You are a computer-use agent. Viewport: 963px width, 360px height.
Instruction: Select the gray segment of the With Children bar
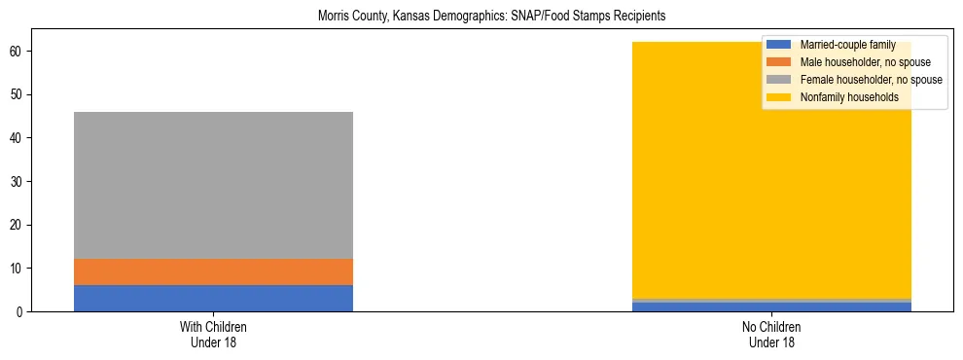click(213, 185)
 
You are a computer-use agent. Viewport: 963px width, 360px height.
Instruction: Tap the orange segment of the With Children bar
click(213, 271)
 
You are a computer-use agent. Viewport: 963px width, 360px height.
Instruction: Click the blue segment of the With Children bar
click(213, 298)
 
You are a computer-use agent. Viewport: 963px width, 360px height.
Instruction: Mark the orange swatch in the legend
click(779, 62)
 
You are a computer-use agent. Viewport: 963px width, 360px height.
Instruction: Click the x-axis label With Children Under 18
click(213, 334)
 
